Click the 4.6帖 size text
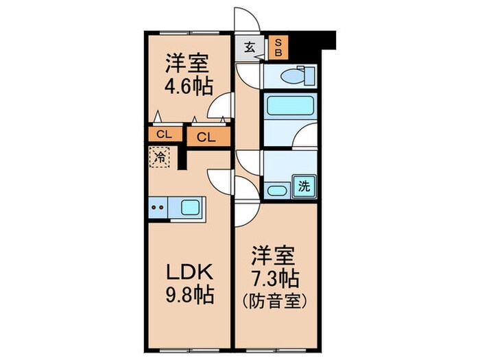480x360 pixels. (x=187, y=87)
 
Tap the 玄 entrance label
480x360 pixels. (x=248, y=47)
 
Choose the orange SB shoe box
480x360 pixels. (x=278, y=47)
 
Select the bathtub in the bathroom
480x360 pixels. (x=289, y=107)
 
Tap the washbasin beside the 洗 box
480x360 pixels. (x=277, y=191)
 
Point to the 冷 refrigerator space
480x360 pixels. (x=158, y=158)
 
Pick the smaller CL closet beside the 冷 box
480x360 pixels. (x=163, y=134)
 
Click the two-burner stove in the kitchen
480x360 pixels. (x=158, y=206)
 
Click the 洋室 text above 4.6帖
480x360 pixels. (x=187, y=66)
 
